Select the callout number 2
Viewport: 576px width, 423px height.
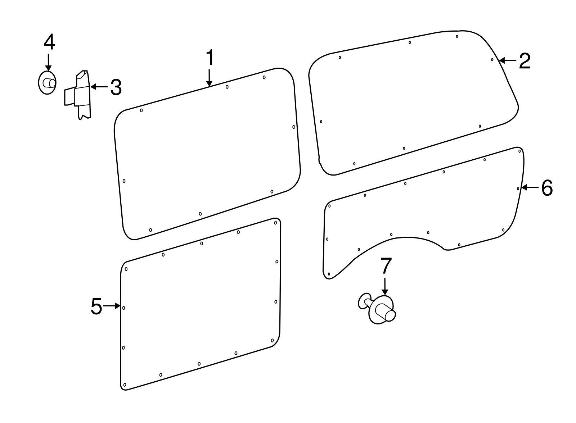(525, 61)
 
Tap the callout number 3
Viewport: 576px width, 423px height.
(116, 87)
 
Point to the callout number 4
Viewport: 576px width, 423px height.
(49, 42)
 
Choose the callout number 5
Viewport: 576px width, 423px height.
(96, 306)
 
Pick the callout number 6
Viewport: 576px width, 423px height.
(547, 188)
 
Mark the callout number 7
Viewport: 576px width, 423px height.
(386, 266)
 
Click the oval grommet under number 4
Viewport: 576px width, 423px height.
(47, 83)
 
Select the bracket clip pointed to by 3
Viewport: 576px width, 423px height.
(78, 95)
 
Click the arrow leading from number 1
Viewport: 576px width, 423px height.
(209, 78)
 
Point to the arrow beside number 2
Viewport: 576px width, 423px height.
(508, 61)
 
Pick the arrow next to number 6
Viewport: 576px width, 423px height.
(530, 188)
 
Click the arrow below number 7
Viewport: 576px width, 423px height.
(385, 287)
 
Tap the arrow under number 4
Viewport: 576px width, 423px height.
(48, 63)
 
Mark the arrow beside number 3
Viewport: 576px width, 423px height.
(99, 87)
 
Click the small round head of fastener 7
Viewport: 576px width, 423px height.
(364, 301)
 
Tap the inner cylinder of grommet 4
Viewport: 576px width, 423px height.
(49, 83)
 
